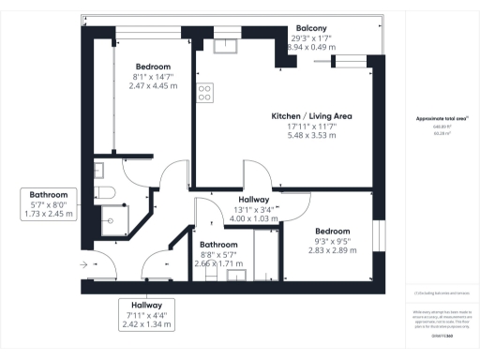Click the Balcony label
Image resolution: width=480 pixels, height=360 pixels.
[x=311, y=27]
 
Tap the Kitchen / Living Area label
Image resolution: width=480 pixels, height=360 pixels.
[x=311, y=115]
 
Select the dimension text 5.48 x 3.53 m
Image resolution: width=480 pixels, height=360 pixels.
[x=311, y=135]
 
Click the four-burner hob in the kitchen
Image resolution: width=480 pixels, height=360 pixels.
[x=203, y=92]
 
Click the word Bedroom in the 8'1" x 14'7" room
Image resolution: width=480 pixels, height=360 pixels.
[x=153, y=67]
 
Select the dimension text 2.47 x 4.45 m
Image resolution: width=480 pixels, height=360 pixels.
[x=153, y=86]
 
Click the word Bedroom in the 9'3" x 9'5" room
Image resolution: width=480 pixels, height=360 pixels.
[x=332, y=232]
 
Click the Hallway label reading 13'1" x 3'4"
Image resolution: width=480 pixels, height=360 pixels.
[x=254, y=201]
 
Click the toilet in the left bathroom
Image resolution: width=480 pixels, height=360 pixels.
[x=105, y=193]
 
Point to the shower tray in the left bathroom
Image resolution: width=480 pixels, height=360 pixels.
[x=111, y=221]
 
